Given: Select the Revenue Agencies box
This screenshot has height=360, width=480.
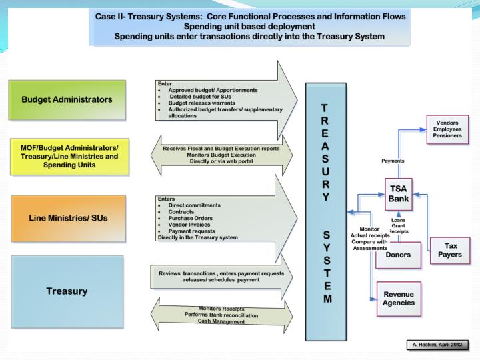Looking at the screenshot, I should point(397,298).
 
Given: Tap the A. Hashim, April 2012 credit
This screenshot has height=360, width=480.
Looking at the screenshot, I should point(437,344).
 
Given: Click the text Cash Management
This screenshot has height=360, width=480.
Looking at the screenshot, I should point(222,321).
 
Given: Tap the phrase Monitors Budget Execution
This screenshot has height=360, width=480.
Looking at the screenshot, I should point(221,155).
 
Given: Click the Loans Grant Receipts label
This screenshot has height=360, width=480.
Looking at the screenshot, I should point(400,225).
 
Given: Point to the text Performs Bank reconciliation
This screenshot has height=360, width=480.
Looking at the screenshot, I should point(221,315).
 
